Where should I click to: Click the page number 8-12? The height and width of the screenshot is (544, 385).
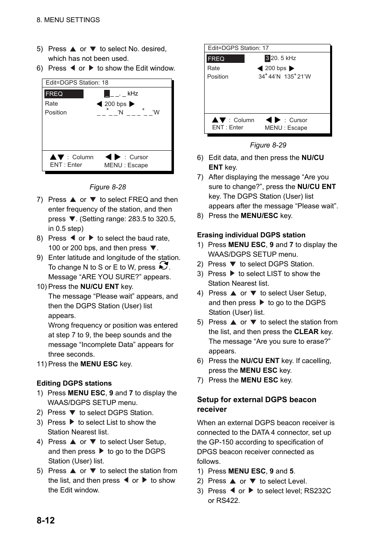click(x=46, y=520)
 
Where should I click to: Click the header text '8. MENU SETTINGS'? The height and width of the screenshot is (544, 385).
click(x=68, y=20)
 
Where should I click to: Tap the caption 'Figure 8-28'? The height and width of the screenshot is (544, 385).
click(x=108, y=187)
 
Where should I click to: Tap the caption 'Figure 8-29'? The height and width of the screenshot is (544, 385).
click(x=268, y=145)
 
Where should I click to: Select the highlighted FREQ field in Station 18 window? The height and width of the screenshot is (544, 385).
click(x=64, y=94)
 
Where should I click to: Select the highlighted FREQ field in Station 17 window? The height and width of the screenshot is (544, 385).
click(x=225, y=59)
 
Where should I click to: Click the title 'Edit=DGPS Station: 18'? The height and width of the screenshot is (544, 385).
click(x=77, y=83)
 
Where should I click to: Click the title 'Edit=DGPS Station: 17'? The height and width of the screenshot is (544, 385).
click(x=238, y=48)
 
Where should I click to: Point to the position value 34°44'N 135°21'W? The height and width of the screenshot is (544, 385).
click(x=285, y=77)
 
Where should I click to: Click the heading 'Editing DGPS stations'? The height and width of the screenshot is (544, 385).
click(x=74, y=383)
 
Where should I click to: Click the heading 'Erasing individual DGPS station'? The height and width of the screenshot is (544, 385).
click(x=251, y=235)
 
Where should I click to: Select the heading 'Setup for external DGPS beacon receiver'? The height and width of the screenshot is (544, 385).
click(x=256, y=404)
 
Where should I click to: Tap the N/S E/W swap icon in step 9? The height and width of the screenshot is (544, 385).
click(x=163, y=266)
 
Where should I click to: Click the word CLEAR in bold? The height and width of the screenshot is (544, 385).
click(x=306, y=332)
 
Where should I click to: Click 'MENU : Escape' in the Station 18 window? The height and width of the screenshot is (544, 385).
click(x=126, y=165)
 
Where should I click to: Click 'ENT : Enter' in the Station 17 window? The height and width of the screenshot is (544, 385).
click(x=228, y=127)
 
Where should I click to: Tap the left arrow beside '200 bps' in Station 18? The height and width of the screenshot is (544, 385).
click(x=99, y=104)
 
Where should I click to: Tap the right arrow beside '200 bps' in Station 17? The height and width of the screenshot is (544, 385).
click(x=292, y=69)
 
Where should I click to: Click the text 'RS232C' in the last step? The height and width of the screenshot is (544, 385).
click(x=318, y=491)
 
